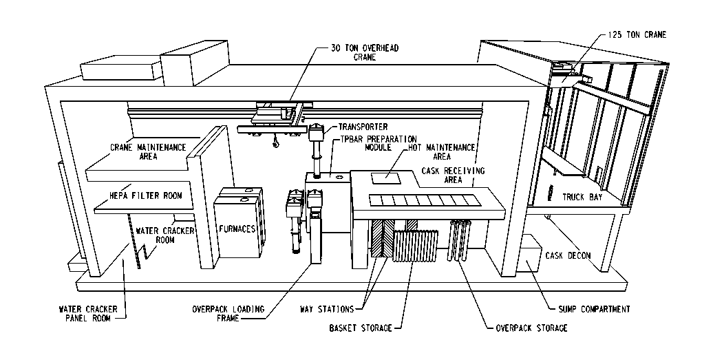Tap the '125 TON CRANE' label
click(637, 34)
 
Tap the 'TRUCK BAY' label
click(583, 197)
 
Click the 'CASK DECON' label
click(568, 256)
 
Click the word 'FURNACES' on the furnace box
click(237, 229)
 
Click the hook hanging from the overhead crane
click(275, 144)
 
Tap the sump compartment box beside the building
click(531, 262)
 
